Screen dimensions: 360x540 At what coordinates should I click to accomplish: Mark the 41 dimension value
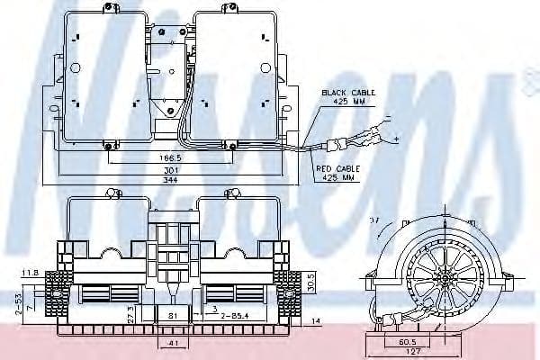174,346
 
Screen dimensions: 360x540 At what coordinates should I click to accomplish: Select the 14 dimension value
315,321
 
